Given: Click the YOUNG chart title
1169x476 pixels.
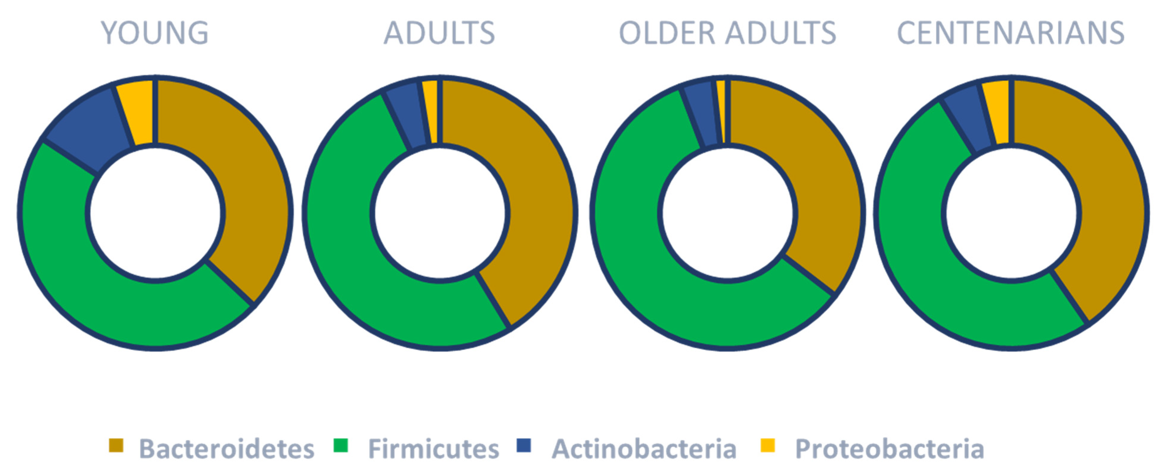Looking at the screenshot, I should coord(155,33).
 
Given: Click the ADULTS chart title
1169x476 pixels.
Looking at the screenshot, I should coord(439,33).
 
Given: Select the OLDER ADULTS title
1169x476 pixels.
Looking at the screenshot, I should coord(727,33).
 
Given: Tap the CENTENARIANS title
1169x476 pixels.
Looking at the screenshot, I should coord(1011,33).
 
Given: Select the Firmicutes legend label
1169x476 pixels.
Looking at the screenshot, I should coord(433,449).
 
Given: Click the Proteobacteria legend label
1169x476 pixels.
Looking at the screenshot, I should coord(889,449).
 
